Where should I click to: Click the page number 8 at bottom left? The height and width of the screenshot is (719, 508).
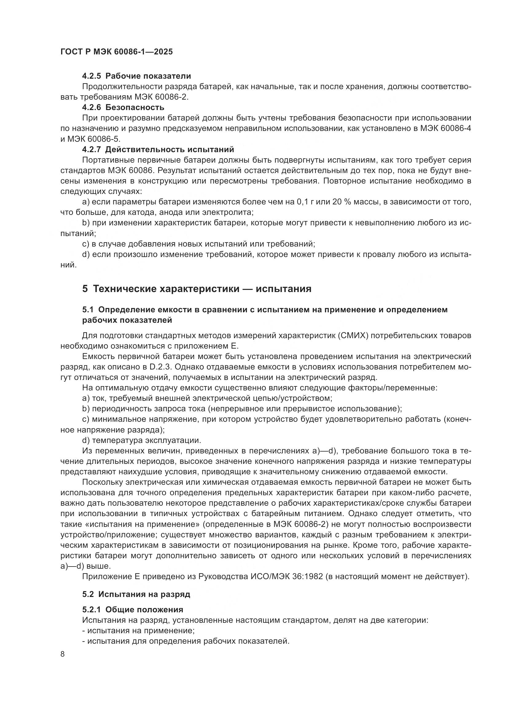(x=63, y=654)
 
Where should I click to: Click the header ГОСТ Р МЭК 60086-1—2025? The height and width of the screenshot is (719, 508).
(x=116, y=52)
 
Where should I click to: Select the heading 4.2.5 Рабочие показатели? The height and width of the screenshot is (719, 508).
(x=136, y=76)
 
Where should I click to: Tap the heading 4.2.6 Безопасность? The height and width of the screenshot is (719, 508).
(x=123, y=107)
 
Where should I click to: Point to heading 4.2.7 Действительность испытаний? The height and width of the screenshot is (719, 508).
(x=158, y=149)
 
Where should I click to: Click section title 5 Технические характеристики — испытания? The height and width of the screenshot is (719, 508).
(x=197, y=289)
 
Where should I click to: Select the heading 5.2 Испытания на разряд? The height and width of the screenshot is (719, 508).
(x=136, y=594)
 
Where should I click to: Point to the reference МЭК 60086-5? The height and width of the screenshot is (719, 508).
(x=94, y=139)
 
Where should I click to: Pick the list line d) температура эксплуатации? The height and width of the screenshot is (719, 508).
(x=141, y=440)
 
